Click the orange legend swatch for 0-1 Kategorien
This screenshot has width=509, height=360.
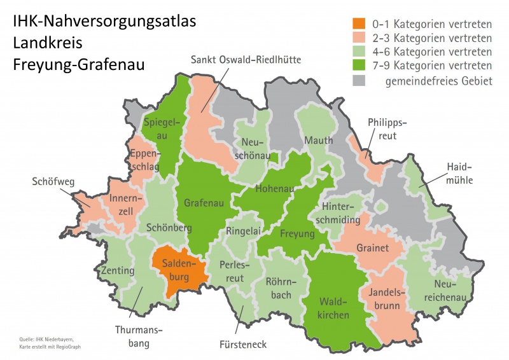point(360,25)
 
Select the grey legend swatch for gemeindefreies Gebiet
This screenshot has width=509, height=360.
point(360,80)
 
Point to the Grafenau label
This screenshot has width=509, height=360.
point(204,204)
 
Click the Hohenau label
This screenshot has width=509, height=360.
point(275,189)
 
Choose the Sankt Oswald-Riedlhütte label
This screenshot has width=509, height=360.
point(246,60)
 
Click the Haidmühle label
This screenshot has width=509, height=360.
point(459,174)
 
